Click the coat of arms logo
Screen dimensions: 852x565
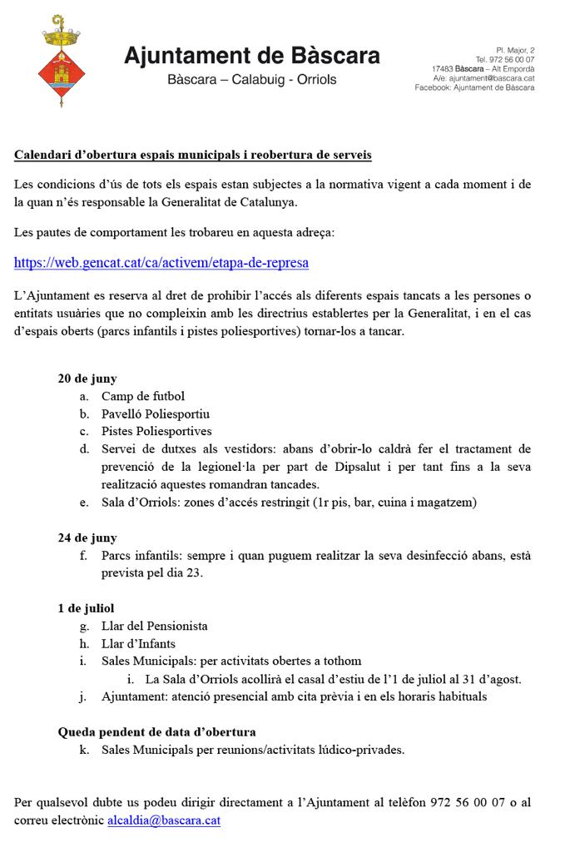tap(57, 61)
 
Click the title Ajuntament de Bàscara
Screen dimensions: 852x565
tap(252, 56)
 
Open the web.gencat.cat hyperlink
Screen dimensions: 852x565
tap(161, 263)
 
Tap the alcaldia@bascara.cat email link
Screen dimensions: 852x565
tap(164, 820)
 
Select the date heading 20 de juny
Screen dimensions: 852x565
tap(87, 379)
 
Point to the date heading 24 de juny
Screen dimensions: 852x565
tap(87, 537)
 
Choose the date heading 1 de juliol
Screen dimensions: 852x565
tap(86, 608)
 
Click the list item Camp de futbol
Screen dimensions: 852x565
tap(143, 396)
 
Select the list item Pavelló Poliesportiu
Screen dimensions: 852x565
tap(156, 414)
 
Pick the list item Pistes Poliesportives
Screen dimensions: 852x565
tap(156, 431)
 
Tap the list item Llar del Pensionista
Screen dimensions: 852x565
tap(155, 626)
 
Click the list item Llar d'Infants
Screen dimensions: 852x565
tap(138, 643)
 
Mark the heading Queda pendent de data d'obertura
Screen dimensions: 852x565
tap(156, 732)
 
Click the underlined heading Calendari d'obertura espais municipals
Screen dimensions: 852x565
tap(193, 155)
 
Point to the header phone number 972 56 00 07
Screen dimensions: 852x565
tap(510, 60)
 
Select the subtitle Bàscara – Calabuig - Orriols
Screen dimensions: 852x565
tap(252, 81)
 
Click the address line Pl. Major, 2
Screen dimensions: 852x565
tap(515, 51)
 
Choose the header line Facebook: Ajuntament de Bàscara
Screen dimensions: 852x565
tap(474, 87)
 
